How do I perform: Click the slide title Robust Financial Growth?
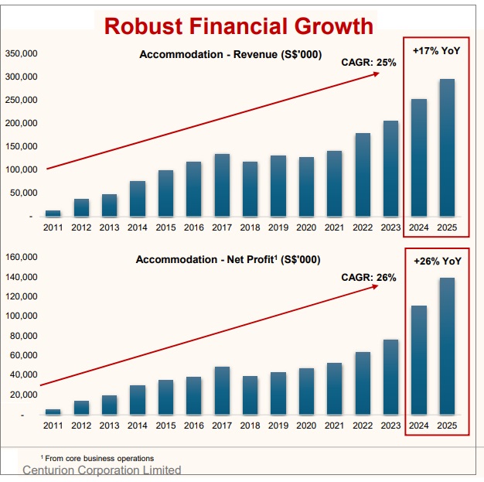[x=238, y=26]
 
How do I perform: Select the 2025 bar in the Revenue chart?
[x=447, y=147]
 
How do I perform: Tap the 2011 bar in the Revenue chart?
[x=53, y=213]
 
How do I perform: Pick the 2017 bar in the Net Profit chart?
[x=222, y=391]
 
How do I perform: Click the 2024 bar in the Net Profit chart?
[x=418, y=360]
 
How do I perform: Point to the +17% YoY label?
[x=436, y=50]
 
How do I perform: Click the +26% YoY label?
[x=436, y=262]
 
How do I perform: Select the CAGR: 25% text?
[x=369, y=63]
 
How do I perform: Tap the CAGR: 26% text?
[x=369, y=277]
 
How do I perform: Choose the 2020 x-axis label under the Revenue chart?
[x=306, y=227]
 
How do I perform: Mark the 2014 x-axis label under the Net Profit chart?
[x=138, y=426]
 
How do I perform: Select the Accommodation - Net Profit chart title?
[x=228, y=260]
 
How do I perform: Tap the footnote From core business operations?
[x=97, y=459]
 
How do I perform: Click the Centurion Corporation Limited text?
[x=102, y=470]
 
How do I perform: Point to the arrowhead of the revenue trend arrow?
[x=377, y=73]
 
